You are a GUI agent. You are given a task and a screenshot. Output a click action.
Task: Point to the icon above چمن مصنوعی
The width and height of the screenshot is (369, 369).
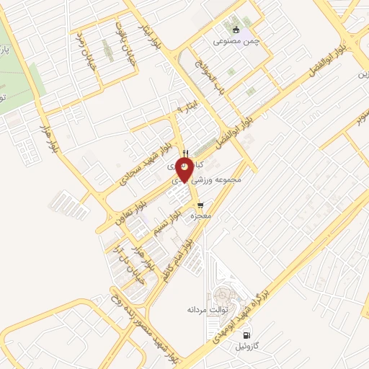(x=237, y=30)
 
